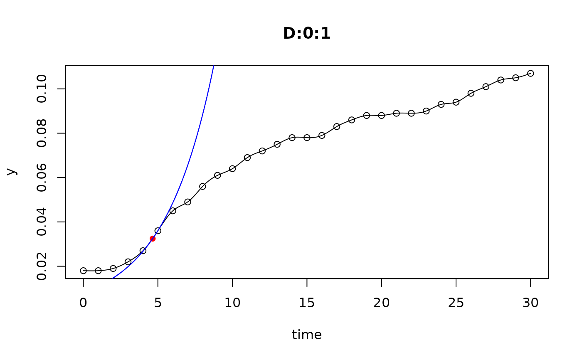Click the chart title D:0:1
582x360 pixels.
307,34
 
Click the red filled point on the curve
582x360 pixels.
153,239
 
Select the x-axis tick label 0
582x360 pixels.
83,303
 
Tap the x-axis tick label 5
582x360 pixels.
158,303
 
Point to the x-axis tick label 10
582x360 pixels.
232,303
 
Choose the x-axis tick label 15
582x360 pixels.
307,303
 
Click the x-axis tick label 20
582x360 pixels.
381,303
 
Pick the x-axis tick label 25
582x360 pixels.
456,303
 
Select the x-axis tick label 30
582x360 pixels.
530,303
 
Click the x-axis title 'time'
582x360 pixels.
307,335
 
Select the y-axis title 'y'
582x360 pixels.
12,171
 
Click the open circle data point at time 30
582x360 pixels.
530,74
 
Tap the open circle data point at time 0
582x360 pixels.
83,271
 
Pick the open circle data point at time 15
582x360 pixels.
307,138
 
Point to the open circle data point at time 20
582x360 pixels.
381,116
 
